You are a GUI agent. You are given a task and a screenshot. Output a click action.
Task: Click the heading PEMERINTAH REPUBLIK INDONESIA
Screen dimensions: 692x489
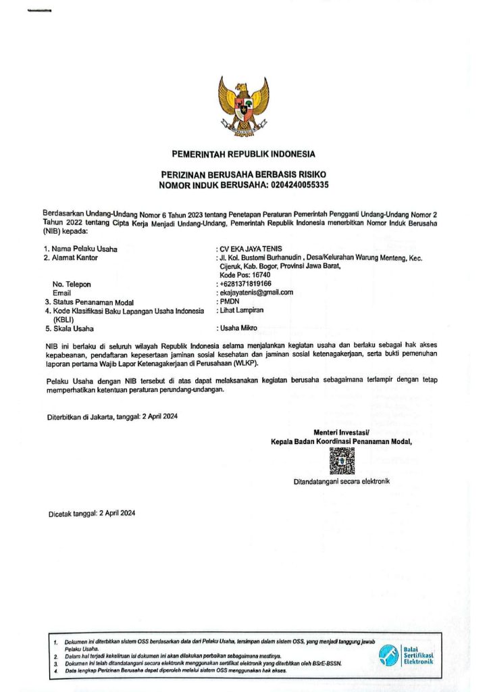[243, 153]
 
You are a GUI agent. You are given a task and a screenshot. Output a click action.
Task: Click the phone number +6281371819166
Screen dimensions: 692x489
[245, 284]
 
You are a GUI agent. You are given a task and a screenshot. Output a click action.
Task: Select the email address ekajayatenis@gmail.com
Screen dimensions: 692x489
[256, 293]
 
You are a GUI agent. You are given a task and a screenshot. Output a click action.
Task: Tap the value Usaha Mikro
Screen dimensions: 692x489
[238, 328]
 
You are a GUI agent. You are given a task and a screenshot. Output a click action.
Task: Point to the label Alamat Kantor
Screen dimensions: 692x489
[75, 257]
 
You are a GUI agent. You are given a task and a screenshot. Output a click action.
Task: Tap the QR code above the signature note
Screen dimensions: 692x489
[341, 461]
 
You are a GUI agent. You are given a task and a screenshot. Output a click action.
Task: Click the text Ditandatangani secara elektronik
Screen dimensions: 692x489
[341, 482]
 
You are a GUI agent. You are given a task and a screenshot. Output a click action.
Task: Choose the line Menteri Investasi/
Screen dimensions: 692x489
[341, 432]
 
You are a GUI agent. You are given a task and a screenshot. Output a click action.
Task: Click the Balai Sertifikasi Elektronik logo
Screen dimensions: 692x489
[405, 655]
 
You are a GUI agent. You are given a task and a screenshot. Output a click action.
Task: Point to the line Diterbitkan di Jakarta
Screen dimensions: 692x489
[112, 416]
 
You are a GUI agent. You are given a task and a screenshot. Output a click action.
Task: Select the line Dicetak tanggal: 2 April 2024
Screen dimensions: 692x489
[92, 514]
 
